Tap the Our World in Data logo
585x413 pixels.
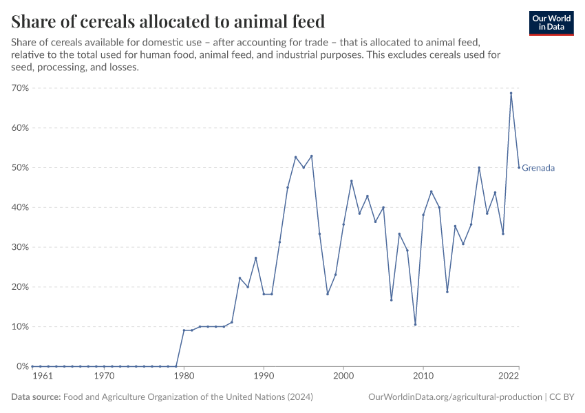551,23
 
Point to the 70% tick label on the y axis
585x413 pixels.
19,88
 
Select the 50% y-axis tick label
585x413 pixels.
19,168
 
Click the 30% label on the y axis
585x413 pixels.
19,247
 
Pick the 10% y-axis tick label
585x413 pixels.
19,327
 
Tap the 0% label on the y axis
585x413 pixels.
21,366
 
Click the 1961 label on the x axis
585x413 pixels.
41,377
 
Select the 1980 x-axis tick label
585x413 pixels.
184,377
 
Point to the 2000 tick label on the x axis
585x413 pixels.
343,377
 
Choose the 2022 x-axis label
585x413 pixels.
509,377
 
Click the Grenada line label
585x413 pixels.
538,168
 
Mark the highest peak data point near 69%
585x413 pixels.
511,93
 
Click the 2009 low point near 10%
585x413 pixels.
415,324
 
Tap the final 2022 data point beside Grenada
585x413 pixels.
519,167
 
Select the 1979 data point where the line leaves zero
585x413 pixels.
176,366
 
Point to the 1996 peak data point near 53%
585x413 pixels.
312,156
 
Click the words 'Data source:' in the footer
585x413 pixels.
36,397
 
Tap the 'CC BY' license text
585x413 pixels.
562,397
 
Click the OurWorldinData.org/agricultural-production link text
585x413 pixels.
455,397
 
